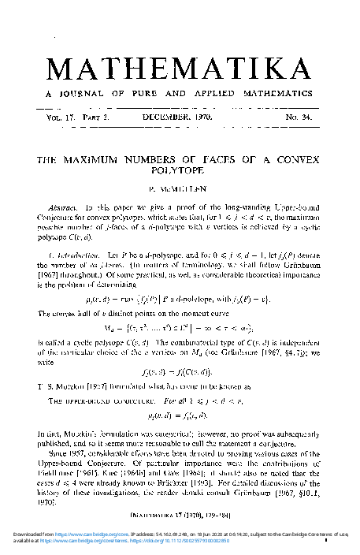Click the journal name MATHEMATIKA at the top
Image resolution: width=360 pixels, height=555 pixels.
tap(179, 69)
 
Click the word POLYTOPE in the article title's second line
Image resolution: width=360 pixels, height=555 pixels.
tap(180, 169)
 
